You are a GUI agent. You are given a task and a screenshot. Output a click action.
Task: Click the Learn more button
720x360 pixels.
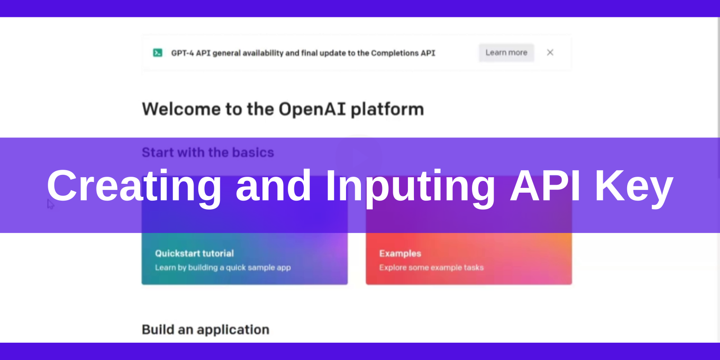point(506,52)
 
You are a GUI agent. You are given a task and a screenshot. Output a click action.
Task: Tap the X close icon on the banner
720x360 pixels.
point(550,52)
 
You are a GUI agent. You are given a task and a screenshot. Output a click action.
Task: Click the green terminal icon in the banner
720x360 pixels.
point(157,53)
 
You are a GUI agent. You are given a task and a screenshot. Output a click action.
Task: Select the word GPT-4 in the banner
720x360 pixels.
point(182,53)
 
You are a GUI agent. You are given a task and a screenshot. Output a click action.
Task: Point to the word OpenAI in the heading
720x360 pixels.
point(312,109)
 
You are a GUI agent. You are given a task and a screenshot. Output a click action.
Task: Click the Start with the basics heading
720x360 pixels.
point(208,152)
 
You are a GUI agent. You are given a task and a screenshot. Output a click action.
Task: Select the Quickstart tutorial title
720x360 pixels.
point(194,254)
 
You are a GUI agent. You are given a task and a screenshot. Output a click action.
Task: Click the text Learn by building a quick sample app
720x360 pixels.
point(223,268)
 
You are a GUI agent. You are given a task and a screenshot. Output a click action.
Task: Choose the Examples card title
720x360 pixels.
point(400,254)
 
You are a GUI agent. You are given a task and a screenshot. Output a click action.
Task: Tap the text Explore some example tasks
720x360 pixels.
point(431,268)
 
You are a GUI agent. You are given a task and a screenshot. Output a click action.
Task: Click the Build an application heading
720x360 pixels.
point(205,330)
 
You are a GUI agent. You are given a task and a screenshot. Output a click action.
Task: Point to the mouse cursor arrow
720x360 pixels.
point(50,204)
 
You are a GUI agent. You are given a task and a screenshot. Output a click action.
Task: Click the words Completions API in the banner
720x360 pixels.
point(403,53)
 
